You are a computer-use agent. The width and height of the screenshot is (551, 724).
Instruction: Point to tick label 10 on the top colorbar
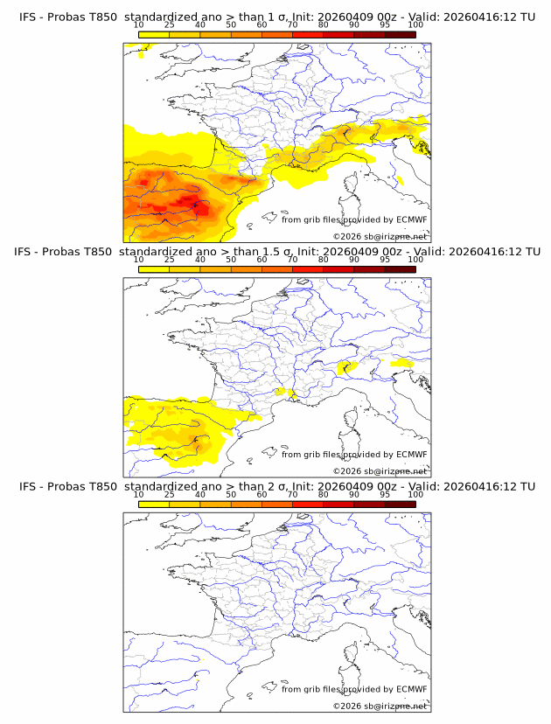coord(138,25)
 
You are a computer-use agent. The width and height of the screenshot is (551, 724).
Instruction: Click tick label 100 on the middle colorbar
coord(415,260)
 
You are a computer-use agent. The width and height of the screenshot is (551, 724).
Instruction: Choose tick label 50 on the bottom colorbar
coord(231,494)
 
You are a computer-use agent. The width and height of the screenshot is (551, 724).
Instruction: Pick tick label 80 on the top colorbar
coord(324,25)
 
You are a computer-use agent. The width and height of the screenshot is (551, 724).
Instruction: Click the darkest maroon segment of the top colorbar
coord(400,34)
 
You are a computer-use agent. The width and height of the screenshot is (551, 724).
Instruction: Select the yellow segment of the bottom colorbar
coord(153,503)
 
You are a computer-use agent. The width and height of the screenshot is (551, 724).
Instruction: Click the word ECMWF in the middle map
coord(411,454)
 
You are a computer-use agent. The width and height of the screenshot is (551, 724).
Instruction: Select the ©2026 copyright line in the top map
coord(380,236)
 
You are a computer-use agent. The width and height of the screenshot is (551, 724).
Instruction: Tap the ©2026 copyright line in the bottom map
coord(380,705)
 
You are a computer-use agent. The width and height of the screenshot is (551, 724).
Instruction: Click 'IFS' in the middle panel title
coord(27,252)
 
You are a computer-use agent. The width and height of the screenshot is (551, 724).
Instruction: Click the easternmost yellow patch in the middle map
coord(401,362)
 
